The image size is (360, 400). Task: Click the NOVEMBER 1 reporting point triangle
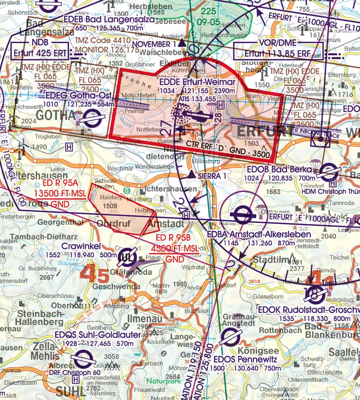point(182,42)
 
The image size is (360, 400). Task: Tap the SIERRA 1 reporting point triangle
point(192,175)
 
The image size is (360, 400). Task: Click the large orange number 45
point(94,274)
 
